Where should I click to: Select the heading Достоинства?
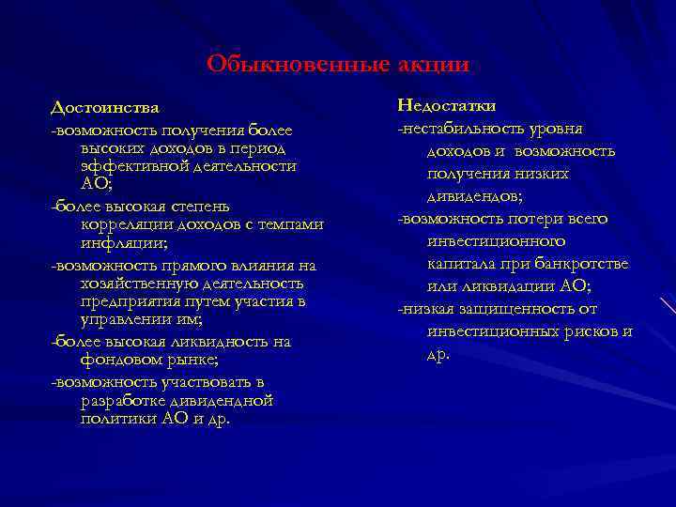coord(105,109)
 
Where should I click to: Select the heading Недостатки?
coord(447,105)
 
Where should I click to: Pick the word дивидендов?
coord(475,196)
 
